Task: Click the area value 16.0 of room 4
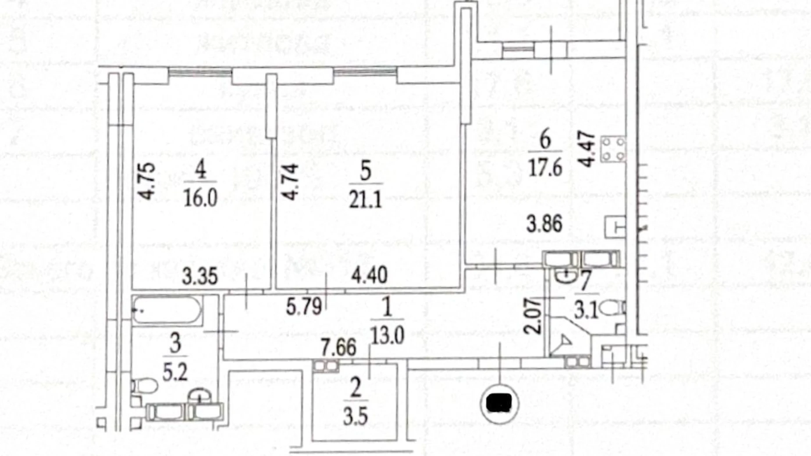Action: [x=200, y=198]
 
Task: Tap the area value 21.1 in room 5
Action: [x=365, y=200]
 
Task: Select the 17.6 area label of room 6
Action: [x=545, y=167]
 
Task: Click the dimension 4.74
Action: [x=290, y=182]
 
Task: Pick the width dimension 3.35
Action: [x=199, y=277]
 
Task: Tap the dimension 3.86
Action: [x=544, y=224]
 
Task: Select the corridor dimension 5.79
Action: [x=304, y=306]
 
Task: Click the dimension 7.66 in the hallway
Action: [x=338, y=348]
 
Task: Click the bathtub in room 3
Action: [x=167, y=310]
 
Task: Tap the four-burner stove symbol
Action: [x=613, y=149]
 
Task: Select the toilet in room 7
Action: [x=612, y=308]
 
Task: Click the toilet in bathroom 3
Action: [x=145, y=386]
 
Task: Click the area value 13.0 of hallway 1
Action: [x=387, y=336]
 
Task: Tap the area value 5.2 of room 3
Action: [x=175, y=373]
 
